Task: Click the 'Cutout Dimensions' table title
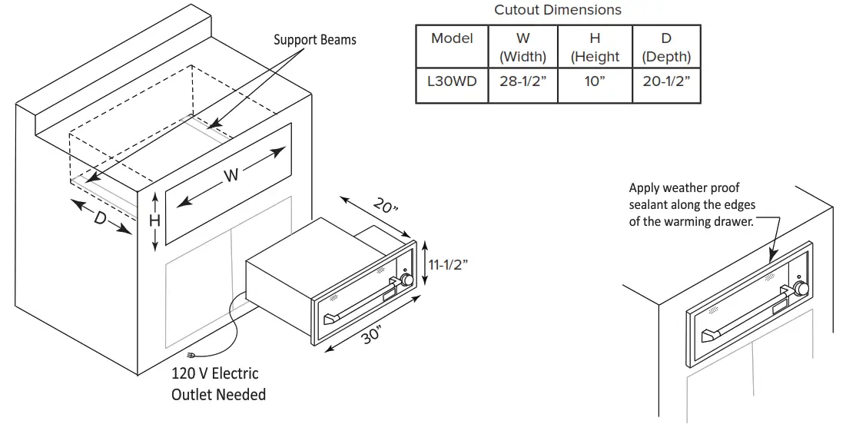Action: click(557, 10)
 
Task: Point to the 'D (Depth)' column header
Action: click(665, 47)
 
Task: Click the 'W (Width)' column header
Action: click(523, 47)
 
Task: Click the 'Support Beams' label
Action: click(315, 39)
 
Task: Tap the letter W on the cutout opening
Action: click(231, 176)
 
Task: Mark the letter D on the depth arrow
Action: click(101, 218)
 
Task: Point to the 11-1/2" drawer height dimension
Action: click(448, 264)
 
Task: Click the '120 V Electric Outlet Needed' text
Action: click(218, 384)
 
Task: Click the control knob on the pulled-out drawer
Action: click(405, 280)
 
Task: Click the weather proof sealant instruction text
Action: click(692, 204)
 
